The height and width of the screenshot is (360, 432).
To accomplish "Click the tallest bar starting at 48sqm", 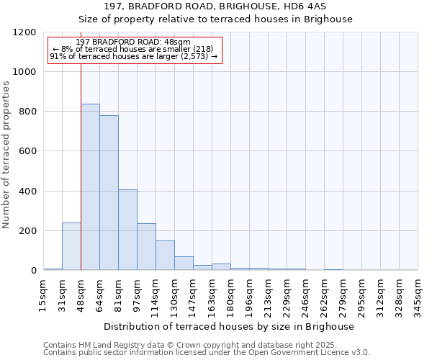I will (x=90, y=187).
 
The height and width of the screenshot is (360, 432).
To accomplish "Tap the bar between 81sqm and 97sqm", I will (x=127, y=230).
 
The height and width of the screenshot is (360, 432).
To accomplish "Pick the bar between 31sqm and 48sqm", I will (x=71, y=246).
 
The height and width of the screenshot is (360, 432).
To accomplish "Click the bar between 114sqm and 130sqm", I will (x=165, y=256).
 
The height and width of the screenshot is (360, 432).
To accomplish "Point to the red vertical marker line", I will (x=81, y=166).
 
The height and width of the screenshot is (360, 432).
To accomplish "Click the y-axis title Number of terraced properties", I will (x=6, y=155).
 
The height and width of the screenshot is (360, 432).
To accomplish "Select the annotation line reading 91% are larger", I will (x=133, y=56).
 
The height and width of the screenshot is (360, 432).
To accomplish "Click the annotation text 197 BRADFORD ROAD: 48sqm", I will (x=133, y=42).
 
